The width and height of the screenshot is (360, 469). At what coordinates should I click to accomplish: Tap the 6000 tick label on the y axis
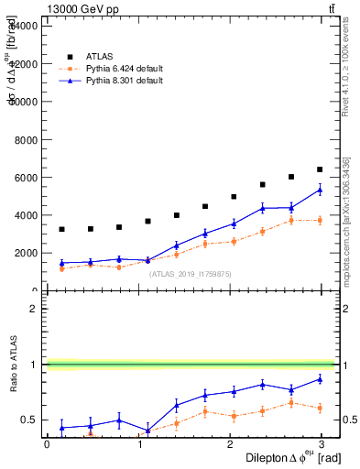25,177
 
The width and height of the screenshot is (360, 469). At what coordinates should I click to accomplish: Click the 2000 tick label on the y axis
25,253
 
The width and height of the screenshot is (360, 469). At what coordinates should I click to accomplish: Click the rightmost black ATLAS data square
320,169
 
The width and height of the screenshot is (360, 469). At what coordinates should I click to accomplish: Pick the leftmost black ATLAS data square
61,229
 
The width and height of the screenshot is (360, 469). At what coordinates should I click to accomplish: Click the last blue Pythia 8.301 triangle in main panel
320,190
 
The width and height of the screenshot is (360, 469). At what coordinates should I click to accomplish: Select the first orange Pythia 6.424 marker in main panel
61,268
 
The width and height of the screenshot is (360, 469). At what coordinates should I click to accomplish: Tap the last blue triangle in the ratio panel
320,378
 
